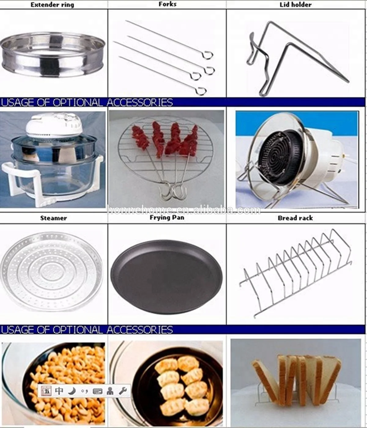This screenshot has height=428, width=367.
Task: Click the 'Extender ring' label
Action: click(x=52, y=5)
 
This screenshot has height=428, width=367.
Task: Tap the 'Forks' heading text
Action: click(x=167, y=4)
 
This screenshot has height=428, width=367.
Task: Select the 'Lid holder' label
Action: click(x=295, y=5)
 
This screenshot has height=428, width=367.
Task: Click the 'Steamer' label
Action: click(x=54, y=218)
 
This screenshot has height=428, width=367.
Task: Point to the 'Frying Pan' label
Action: click(x=167, y=218)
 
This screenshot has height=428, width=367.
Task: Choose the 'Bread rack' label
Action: click(x=295, y=218)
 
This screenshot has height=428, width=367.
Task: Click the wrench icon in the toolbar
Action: click(x=123, y=391)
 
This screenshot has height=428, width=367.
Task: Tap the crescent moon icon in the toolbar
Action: click(x=72, y=391)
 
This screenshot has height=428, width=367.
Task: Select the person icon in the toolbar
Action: click(x=110, y=391)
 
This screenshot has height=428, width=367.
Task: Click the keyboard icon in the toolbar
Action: click(x=98, y=391)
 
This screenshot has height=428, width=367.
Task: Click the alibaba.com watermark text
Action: click(x=183, y=210)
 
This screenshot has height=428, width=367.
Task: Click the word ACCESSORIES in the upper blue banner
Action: click(x=140, y=102)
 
